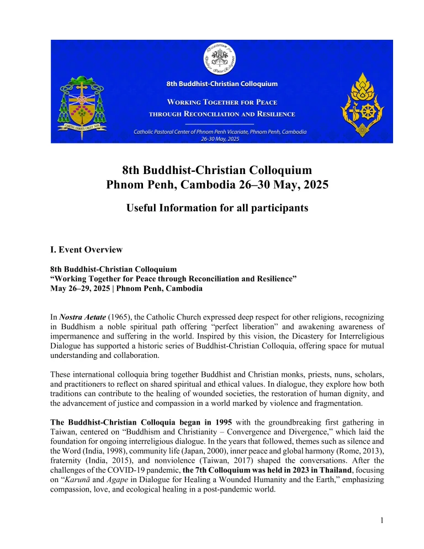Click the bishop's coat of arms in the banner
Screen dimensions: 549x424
81,105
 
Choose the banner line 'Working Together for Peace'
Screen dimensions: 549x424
222,103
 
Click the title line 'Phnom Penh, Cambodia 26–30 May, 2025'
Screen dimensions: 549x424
217,184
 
